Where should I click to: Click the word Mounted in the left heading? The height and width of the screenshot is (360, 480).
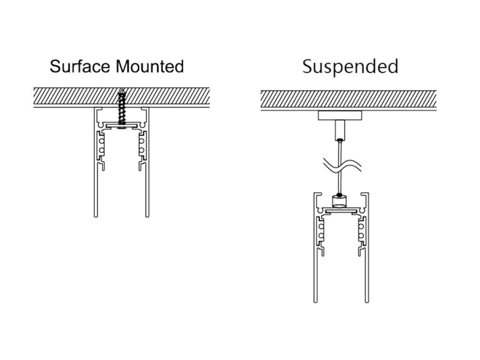coord(149,66)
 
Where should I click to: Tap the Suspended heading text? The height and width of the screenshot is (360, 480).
coord(350,66)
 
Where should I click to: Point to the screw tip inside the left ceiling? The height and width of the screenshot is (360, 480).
coord(122,93)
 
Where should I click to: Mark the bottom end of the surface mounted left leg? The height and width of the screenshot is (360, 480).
coord(95,216)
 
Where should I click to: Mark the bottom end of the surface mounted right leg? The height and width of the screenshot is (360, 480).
coord(147,216)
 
